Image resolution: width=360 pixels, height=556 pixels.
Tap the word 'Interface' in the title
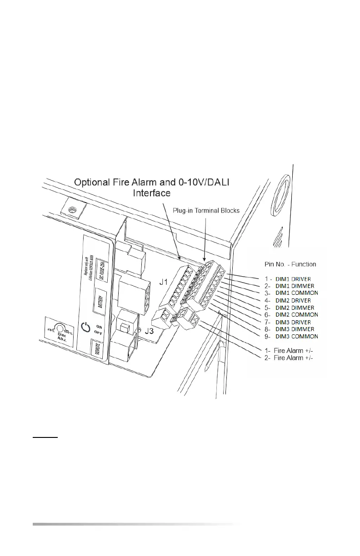(x=151, y=193)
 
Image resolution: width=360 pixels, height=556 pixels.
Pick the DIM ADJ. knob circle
(x=58, y=328)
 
